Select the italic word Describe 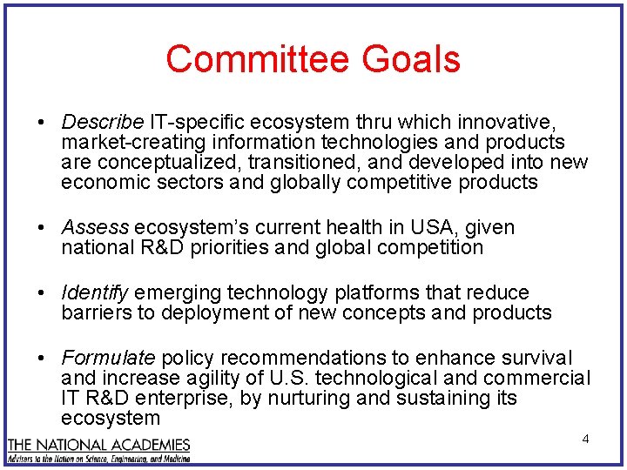[102, 120]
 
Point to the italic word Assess [95, 228]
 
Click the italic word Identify [95, 293]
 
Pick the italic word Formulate [108, 359]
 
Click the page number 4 [585, 439]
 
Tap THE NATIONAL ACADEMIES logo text [98, 445]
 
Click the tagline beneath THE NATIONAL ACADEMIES [98, 458]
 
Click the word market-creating [119, 142]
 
